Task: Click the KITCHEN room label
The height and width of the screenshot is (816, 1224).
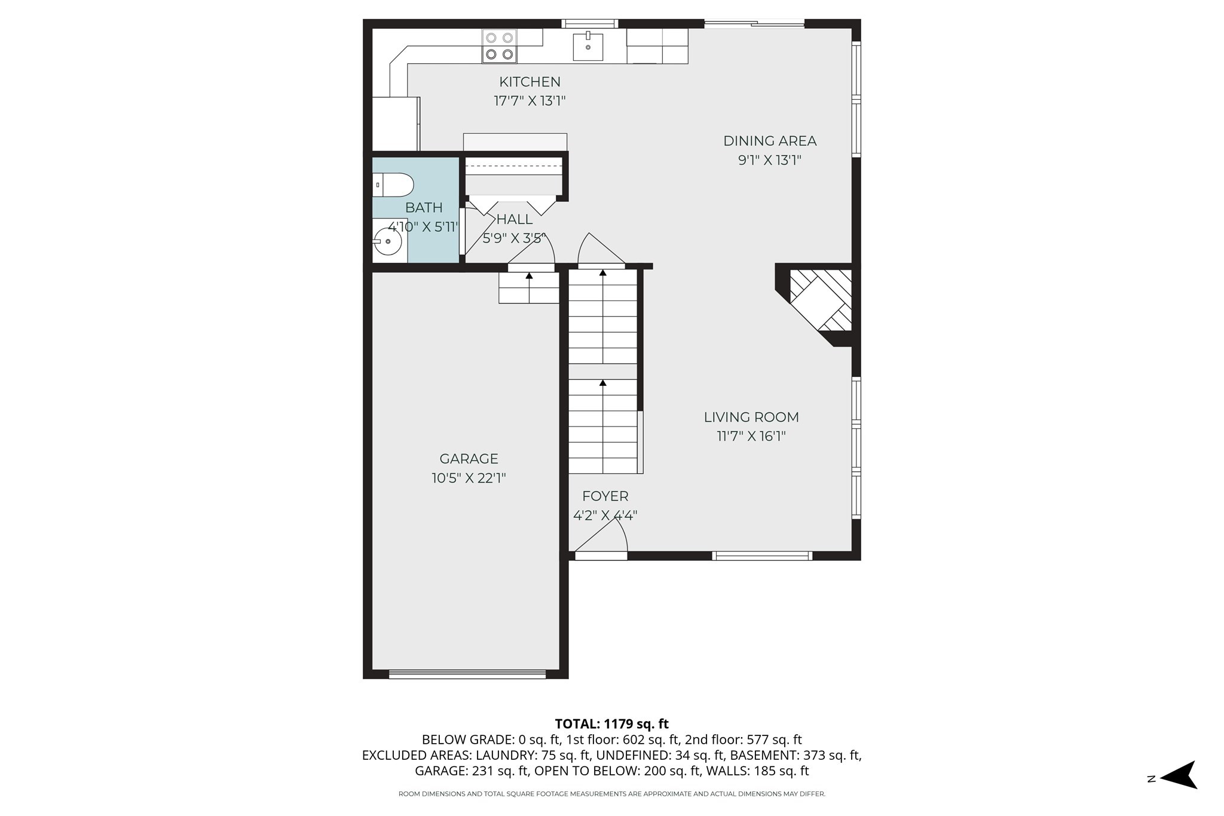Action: [x=530, y=82]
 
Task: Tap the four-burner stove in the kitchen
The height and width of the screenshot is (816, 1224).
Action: [x=499, y=47]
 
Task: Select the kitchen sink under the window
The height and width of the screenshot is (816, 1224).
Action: [x=587, y=47]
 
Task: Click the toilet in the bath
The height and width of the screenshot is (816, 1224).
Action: [x=393, y=185]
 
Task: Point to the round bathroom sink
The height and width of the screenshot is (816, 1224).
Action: [x=388, y=241]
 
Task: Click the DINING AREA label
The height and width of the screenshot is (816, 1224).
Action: [x=769, y=141]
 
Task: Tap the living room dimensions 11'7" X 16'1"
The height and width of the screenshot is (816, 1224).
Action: [x=751, y=437]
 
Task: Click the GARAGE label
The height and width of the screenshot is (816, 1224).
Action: [x=469, y=459]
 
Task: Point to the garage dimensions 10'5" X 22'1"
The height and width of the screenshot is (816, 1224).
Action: [x=469, y=478]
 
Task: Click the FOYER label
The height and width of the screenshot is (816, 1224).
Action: [x=605, y=496]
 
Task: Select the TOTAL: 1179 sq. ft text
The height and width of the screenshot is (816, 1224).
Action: [x=611, y=724]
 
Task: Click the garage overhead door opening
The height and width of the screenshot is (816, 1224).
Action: [x=467, y=674]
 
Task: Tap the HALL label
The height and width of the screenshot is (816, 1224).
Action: [x=514, y=219]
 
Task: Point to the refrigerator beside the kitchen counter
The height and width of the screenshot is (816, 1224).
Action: [x=395, y=124]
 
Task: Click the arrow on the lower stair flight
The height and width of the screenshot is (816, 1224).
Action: [x=602, y=383]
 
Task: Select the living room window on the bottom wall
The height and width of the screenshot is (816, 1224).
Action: [x=762, y=556]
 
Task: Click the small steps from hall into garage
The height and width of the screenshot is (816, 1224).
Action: [x=529, y=288]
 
